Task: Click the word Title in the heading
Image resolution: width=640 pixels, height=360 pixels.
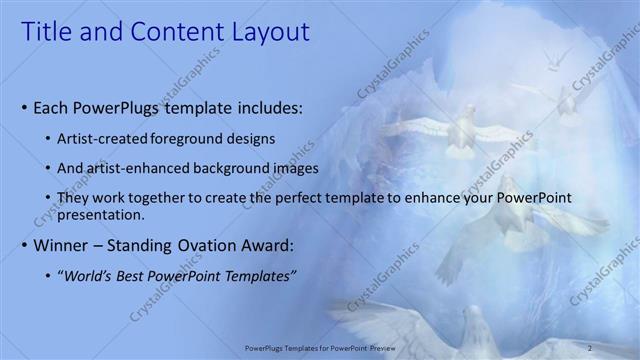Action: pyautogui.click(x=47, y=32)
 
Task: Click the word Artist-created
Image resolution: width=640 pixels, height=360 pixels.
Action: pyautogui.click(x=103, y=137)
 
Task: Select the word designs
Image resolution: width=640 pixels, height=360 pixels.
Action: pyautogui.click(x=253, y=137)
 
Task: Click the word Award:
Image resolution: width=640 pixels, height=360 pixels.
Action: pyautogui.click(x=275, y=245)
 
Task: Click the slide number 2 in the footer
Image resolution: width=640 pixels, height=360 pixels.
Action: pyautogui.click(x=590, y=348)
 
